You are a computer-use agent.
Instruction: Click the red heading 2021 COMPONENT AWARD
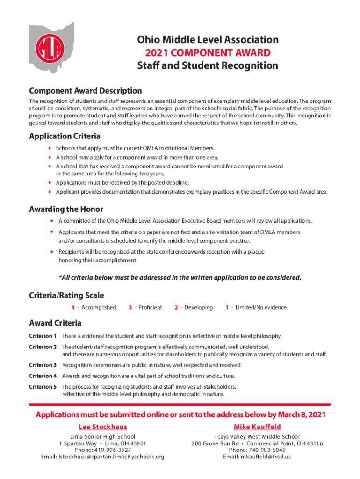pyautogui.click(x=208, y=52)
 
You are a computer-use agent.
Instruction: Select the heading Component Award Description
pyautogui.click(x=86, y=91)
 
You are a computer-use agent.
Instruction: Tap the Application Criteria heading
pyautogui.click(x=65, y=137)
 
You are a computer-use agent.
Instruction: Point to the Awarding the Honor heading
pyautogui.click(x=66, y=209)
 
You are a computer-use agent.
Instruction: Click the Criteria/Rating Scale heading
pyautogui.click(x=66, y=295)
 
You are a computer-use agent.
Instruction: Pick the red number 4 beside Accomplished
pyautogui.click(x=73, y=307)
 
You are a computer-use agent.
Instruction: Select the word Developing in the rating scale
pyautogui.click(x=198, y=307)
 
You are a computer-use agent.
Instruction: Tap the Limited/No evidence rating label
pyautogui.click(x=261, y=307)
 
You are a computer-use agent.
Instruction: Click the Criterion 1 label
pyautogui.click(x=43, y=336)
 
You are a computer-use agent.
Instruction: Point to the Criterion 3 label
pyautogui.click(x=43, y=365)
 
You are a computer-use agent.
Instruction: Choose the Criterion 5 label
pyautogui.click(x=43, y=386)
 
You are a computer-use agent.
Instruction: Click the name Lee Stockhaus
pyautogui.click(x=102, y=427)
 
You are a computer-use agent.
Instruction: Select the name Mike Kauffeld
pyautogui.click(x=257, y=427)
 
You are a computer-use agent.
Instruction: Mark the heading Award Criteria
pyautogui.click(x=55, y=323)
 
